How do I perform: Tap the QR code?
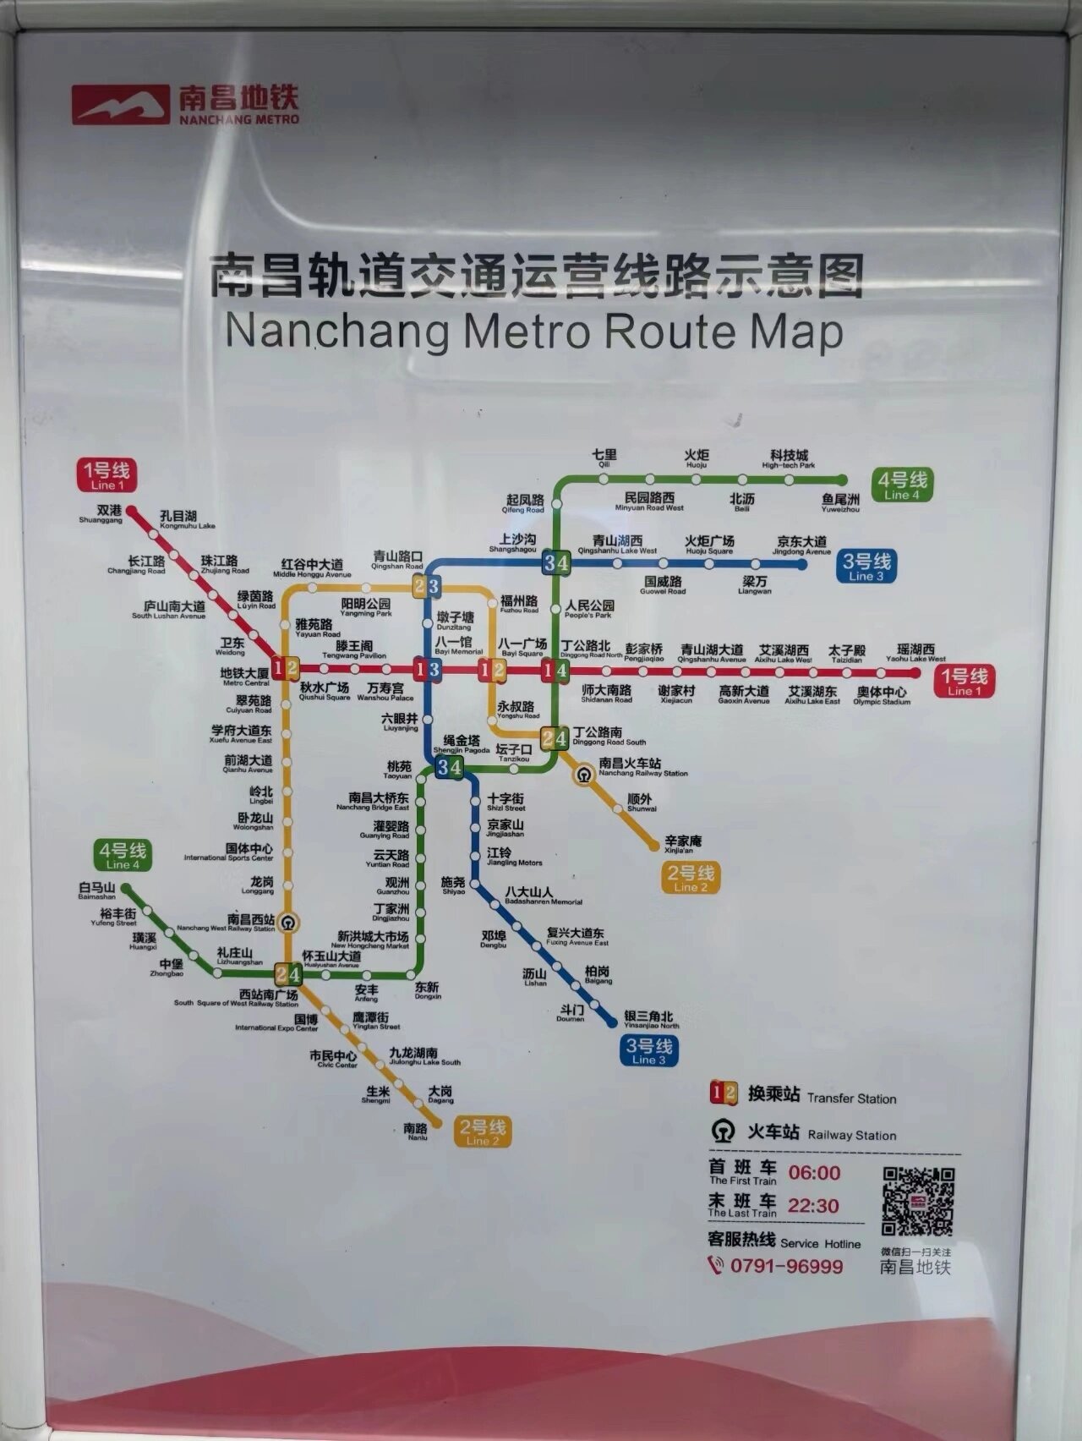coord(917,1202)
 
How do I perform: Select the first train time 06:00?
coord(814,1173)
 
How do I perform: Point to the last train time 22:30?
coord(813,1206)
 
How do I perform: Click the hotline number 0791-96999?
coord(786,1266)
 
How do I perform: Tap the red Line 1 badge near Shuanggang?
coord(106,475)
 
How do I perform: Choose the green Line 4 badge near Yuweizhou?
coord(902,485)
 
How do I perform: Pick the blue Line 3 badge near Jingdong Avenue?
coord(866,566)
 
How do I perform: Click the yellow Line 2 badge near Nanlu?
coord(482,1131)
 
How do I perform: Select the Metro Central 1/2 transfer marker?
coord(286,668)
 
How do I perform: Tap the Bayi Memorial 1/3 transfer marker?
coord(427,670)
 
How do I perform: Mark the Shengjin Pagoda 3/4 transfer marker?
coord(449,767)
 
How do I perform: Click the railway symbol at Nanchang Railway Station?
coord(584,774)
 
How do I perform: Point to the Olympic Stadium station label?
coord(882,695)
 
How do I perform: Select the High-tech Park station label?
coord(789,459)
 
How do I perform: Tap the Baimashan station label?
coord(96,890)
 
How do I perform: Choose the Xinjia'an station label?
coord(684,844)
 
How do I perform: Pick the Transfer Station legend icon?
coord(723,1093)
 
